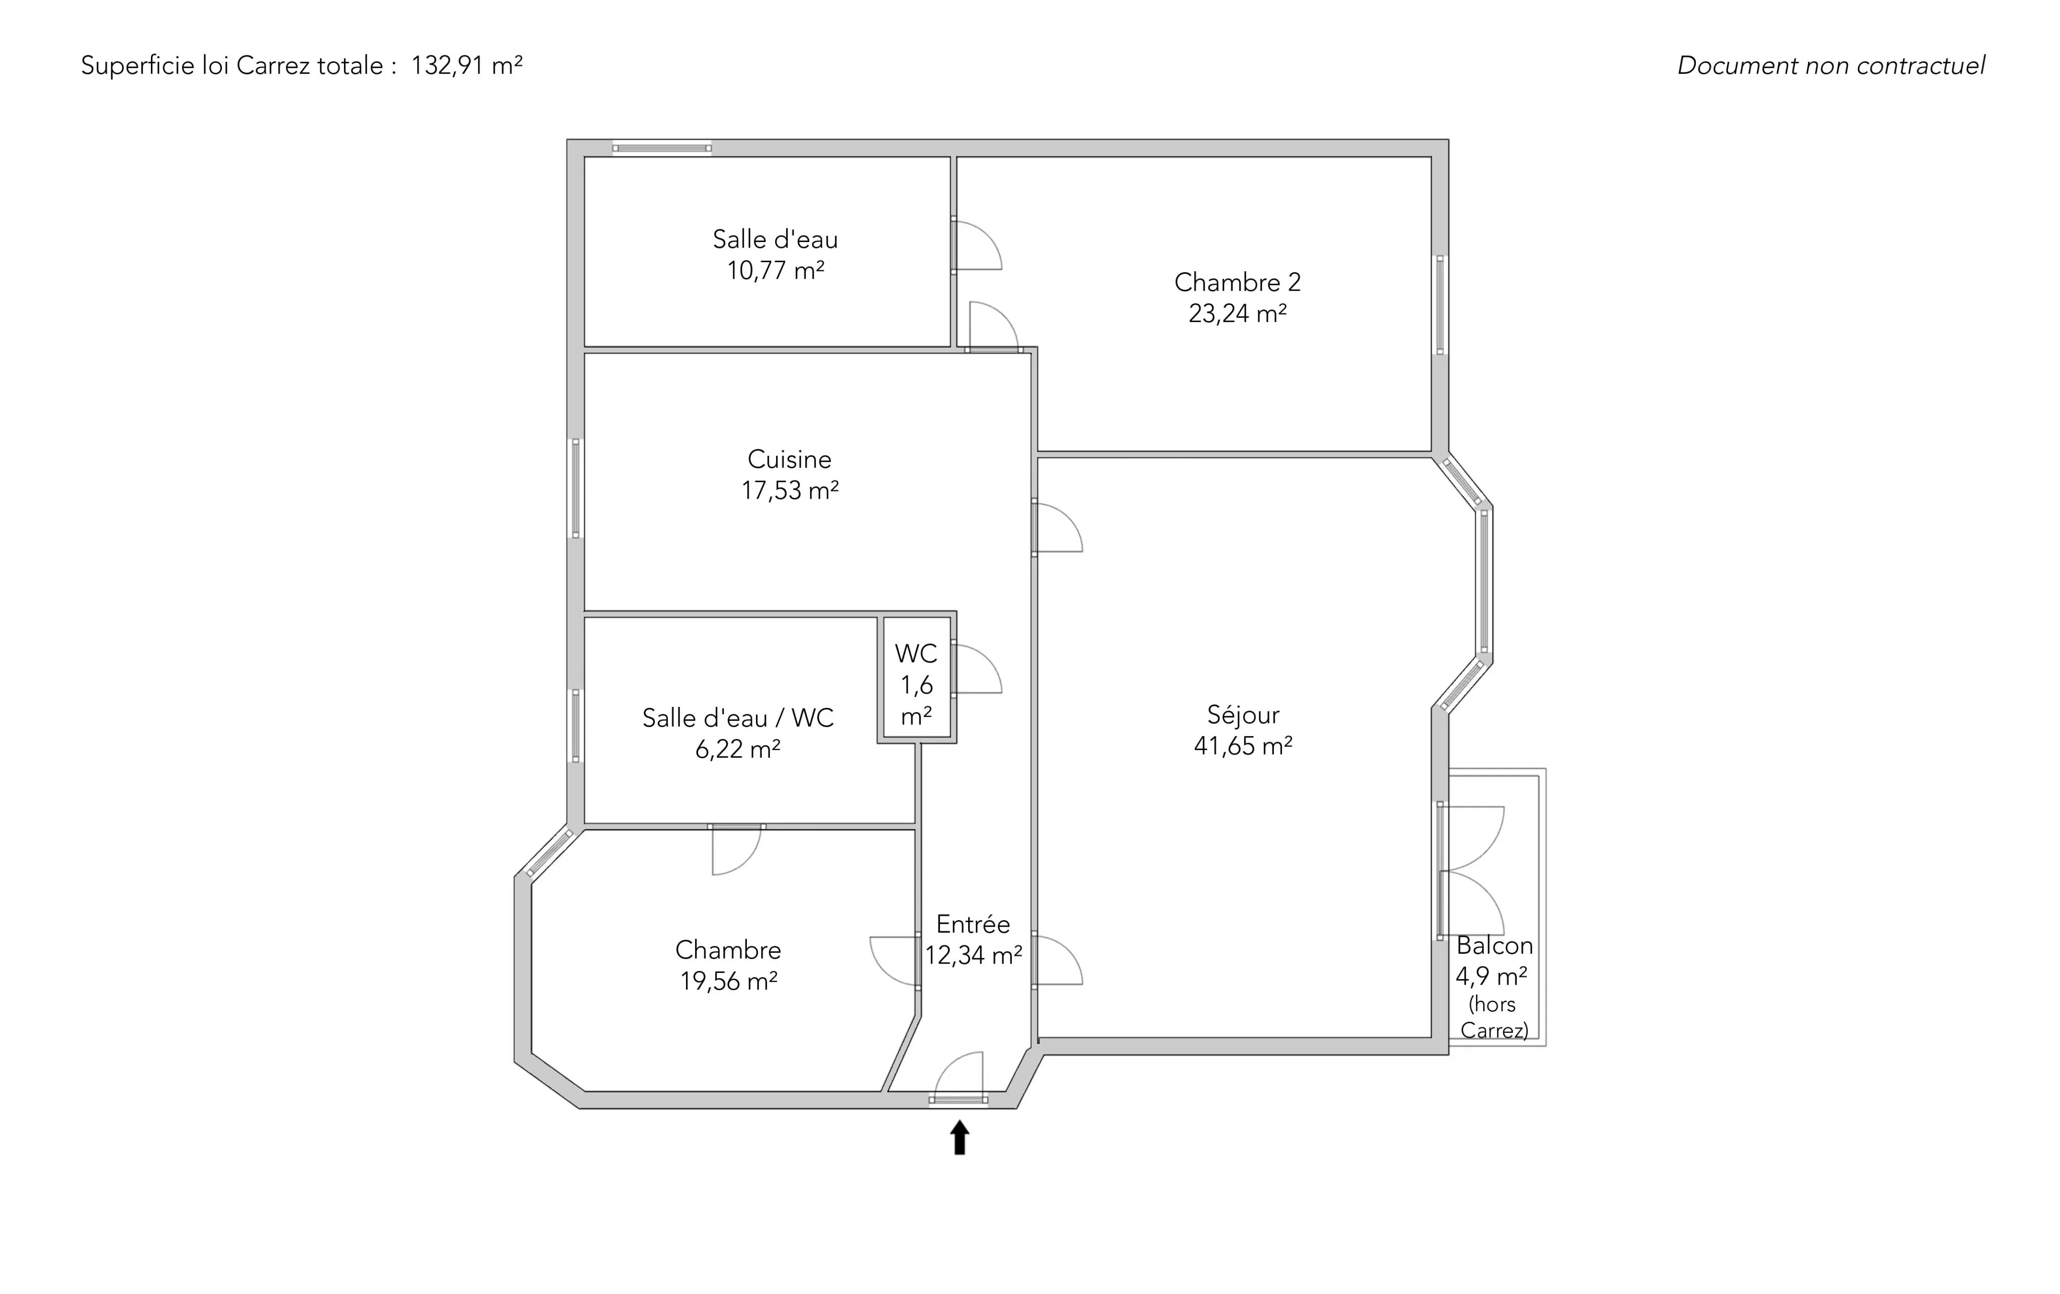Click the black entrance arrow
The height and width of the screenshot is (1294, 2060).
[960, 1138]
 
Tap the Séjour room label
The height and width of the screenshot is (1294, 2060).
[1243, 714]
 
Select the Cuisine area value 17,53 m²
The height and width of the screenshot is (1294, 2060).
[790, 491]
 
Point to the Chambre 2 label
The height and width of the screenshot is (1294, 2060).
[1237, 282]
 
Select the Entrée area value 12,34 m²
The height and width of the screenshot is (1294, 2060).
[974, 955]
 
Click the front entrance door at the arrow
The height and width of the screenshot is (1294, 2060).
[958, 1099]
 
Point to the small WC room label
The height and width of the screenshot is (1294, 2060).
[916, 654]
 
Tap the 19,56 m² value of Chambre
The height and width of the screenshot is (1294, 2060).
[729, 981]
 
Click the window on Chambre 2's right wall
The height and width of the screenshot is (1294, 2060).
[1440, 305]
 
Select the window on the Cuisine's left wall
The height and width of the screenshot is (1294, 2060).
[576, 488]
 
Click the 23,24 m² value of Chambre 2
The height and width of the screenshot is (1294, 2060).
[1238, 313]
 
